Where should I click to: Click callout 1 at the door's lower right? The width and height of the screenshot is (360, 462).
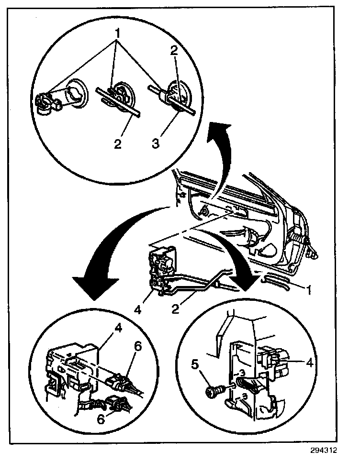pos(310,289)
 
